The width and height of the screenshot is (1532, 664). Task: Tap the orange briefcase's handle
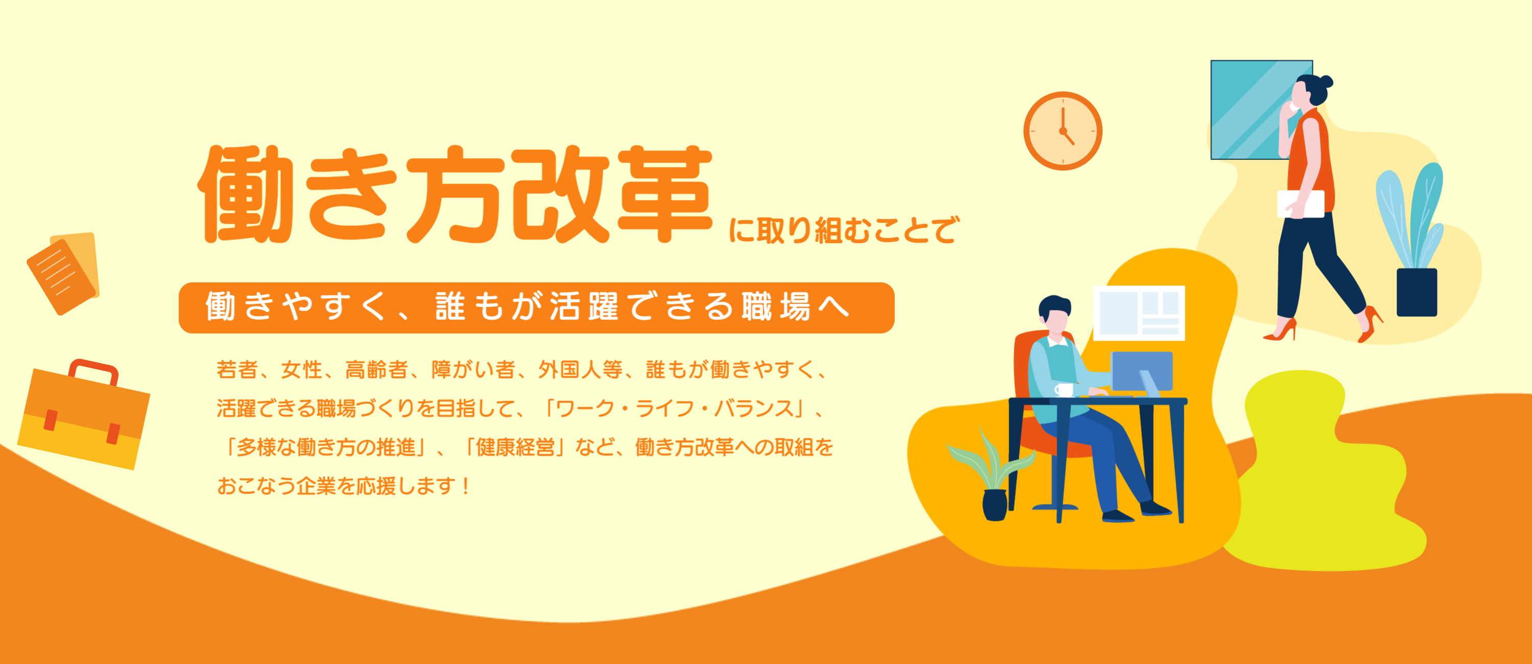(94, 368)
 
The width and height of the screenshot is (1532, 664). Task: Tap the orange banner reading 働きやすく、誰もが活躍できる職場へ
(536, 307)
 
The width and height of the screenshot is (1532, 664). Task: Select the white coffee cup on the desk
(1064, 390)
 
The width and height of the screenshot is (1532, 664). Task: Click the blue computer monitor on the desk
(1142, 371)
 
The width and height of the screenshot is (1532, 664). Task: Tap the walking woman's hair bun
(1325, 82)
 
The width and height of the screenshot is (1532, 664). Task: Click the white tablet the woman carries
(1301, 203)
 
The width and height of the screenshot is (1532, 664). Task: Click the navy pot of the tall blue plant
(1417, 292)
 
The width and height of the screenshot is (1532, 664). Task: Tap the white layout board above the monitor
(1139, 313)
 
